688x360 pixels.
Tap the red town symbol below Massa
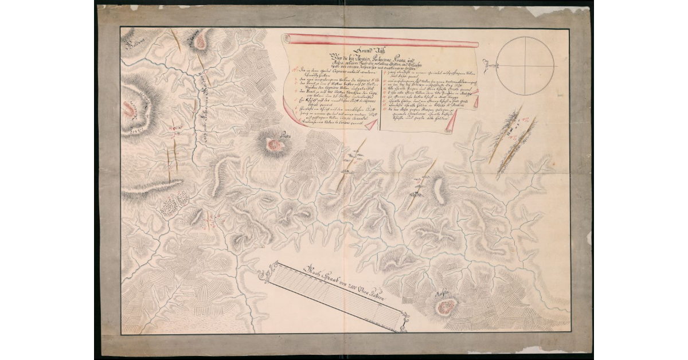[446, 307]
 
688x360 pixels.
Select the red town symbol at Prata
[276, 146]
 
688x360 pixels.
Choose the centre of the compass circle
[526, 64]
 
